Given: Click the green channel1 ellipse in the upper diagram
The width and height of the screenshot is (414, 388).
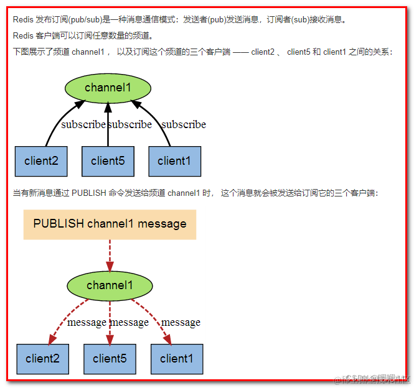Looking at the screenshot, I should (x=108, y=88).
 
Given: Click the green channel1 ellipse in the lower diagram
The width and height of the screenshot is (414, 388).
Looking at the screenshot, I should (x=110, y=285).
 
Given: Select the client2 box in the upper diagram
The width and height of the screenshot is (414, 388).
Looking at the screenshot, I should (x=41, y=161).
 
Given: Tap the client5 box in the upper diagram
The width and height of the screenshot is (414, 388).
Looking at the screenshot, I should (x=108, y=161).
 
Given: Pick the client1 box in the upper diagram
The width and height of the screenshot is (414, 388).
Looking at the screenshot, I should (x=174, y=161).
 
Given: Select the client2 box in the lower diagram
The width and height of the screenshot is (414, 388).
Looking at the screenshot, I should (x=42, y=359).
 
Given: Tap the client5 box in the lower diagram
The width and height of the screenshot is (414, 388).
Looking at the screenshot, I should (x=110, y=359).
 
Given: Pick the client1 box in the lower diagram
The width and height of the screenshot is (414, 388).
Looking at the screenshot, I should (x=177, y=359).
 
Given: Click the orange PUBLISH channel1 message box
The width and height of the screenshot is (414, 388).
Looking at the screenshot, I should (x=110, y=224).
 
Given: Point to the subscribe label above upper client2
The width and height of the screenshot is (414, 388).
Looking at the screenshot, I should (x=83, y=124).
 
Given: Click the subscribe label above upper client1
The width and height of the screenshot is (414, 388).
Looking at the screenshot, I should (x=184, y=124).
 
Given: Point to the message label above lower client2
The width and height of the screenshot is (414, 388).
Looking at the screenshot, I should (x=87, y=322).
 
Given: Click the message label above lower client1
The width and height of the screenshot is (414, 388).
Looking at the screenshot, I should (x=181, y=322).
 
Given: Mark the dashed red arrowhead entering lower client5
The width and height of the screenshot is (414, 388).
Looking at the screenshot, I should (x=110, y=339).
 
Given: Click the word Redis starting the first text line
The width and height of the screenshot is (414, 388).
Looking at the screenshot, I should (x=22, y=19).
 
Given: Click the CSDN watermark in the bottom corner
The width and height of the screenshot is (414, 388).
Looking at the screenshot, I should (x=374, y=379).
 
